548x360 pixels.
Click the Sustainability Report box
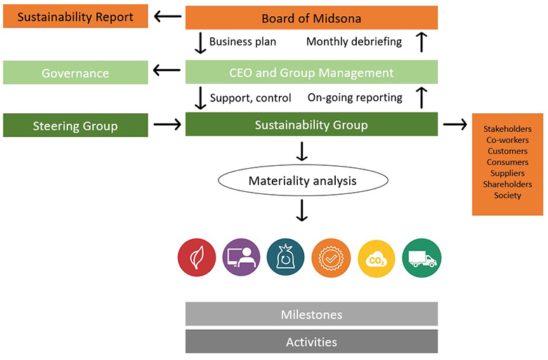click(x=75, y=17)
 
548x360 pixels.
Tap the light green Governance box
click(x=75, y=72)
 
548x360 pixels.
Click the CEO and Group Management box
click(x=311, y=72)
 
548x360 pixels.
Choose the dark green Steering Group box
click(x=75, y=126)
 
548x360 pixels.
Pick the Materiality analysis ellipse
click(x=302, y=181)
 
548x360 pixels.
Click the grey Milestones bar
click(x=311, y=314)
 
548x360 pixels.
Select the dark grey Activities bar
click(x=311, y=342)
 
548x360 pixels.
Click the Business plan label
click(x=242, y=41)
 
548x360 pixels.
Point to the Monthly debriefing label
click(x=354, y=41)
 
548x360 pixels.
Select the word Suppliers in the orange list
click(x=507, y=173)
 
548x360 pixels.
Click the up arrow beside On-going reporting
click(x=422, y=98)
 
